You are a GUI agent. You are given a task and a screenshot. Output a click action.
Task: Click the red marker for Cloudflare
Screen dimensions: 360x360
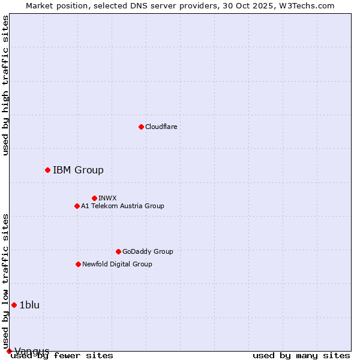click(x=141, y=127)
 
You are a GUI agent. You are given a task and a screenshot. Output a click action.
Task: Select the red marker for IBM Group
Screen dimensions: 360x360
click(x=47, y=170)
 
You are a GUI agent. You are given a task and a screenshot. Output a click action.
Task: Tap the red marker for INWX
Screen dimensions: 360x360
click(x=94, y=198)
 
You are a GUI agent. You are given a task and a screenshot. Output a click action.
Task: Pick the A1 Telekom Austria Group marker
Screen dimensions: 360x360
click(x=77, y=206)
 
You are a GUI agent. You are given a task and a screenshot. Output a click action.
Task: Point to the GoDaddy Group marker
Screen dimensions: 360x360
click(x=118, y=251)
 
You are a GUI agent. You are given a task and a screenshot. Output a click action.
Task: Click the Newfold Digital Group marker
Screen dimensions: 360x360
click(x=78, y=264)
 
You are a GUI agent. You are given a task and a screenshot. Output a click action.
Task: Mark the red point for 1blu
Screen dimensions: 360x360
click(x=14, y=305)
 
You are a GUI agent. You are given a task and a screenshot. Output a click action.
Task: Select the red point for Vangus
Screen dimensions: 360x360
click(x=9, y=351)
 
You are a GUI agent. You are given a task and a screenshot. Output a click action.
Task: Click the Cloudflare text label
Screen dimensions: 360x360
click(x=161, y=127)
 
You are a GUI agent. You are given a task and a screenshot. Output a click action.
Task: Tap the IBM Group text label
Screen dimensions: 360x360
click(x=78, y=170)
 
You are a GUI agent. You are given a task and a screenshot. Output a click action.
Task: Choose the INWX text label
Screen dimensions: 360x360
click(x=107, y=198)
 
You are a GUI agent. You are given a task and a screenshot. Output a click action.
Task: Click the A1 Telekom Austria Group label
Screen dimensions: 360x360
click(x=122, y=206)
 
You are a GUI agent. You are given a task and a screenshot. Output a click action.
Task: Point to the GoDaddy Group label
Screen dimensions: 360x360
click(x=148, y=251)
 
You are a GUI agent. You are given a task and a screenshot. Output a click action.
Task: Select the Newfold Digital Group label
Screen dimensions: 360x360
click(x=117, y=264)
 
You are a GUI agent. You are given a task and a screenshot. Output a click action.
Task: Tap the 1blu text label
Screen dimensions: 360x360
click(x=29, y=305)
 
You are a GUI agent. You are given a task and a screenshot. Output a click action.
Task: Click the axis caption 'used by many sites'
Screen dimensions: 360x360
click(x=301, y=355)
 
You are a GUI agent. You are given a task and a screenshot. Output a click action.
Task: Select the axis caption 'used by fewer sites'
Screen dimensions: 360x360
click(x=62, y=355)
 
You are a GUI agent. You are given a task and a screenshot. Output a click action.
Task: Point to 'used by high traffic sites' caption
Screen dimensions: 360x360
click(x=5, y=85)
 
